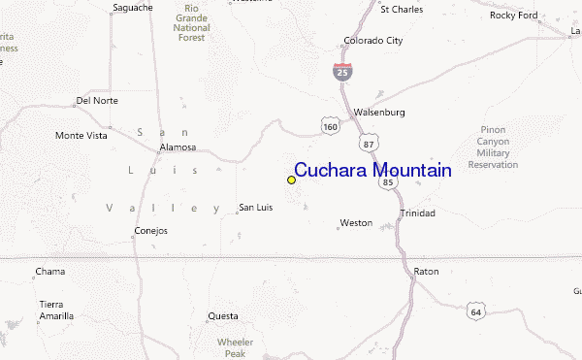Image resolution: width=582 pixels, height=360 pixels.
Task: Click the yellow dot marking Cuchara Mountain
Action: (x=291, y=180)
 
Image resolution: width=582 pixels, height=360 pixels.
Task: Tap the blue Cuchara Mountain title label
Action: (x=372, y=171)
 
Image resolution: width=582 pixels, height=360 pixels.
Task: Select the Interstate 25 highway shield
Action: (x=341, y=71)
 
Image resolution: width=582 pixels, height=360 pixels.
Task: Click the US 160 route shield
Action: (x=331, y=125)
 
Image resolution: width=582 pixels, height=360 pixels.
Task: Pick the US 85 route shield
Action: (x=388, y=180)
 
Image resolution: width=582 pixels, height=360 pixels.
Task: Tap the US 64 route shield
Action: (x=475, y=311)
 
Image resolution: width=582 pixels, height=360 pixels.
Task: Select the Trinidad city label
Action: (x=417, y=213)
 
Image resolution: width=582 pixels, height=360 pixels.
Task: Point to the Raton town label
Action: (x=426, y=272)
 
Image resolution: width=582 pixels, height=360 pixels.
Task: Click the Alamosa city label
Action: (x=178, y=147)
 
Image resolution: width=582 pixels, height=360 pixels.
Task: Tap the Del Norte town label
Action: (x=96, y=100)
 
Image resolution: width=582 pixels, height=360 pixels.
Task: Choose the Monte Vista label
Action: (x=81, y=135)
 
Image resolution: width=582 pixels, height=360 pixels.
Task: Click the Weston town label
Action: (x=355, y=223)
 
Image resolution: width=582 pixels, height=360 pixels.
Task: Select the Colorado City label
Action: (x=372, y=41)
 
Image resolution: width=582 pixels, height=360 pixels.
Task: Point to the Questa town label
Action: (x=222, y=316)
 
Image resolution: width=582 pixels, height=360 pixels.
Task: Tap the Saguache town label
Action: (x=133, y=8)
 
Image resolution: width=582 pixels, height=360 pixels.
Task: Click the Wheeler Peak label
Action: (x=235, y=347)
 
